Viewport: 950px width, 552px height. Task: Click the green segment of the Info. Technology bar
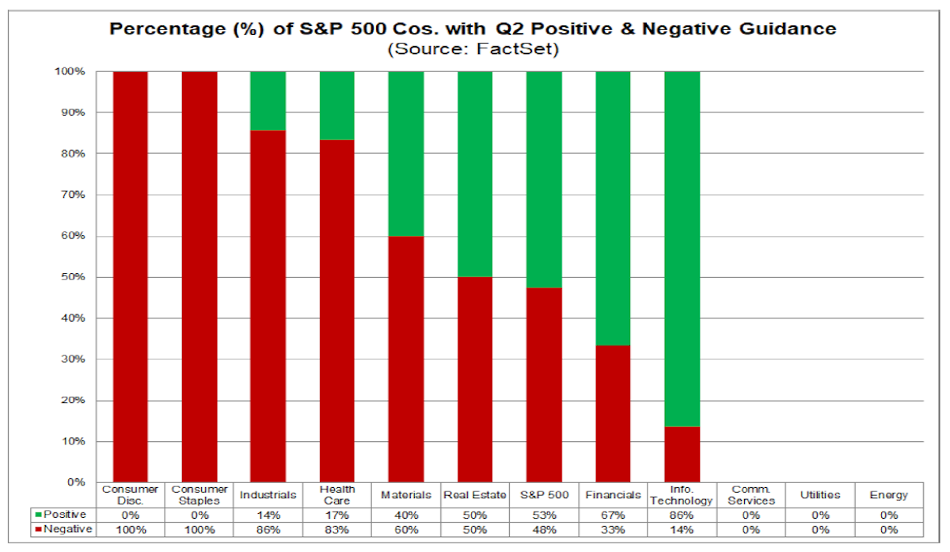tap(682, 249)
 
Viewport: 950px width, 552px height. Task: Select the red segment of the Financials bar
tap(613, 413)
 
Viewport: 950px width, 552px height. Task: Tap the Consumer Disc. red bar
tap(130, 276)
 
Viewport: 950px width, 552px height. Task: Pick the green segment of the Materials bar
tap(406, 154)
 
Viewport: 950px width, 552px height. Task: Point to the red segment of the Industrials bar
tap(268, 306)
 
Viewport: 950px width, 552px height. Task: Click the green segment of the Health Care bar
tap(336, 105)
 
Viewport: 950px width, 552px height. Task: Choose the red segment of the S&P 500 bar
tap(544, 385)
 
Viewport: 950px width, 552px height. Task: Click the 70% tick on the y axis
tap(73, 195)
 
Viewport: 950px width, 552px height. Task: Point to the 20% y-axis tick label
tap(73, 400)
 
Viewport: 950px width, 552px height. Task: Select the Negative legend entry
tap(63, 530)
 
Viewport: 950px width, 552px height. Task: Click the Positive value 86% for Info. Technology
tap(682, 515)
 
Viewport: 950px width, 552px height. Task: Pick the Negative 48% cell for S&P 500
tap(544, 530)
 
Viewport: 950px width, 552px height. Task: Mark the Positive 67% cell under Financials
tap(613, 515)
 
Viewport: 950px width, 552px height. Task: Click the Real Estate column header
tap(474, 495)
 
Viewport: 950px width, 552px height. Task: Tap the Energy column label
tap(888, 495)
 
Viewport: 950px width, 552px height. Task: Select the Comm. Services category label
tap(751, 495)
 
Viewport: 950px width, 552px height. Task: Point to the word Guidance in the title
tap(788, 29)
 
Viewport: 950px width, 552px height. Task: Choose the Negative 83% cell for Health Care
tap(336, 530)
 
